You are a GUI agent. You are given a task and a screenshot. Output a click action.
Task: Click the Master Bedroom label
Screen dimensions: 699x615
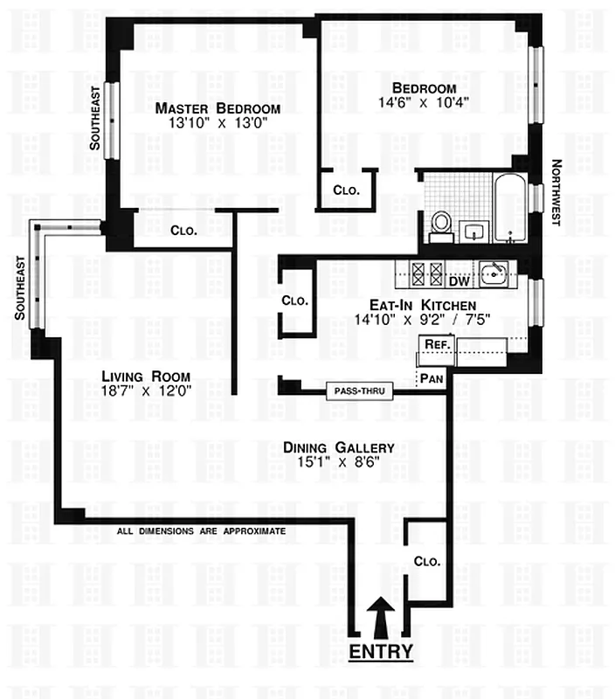(x=218, y=108)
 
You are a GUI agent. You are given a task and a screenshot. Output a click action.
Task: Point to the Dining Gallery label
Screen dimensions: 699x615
(x=338, y=447)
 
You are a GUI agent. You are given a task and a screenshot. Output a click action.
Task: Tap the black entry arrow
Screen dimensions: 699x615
(x=380, y=618)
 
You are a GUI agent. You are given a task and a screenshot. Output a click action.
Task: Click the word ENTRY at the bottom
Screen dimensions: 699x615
(x=380, y=652)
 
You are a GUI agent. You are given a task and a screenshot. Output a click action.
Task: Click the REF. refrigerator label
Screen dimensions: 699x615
(x=434, y=346)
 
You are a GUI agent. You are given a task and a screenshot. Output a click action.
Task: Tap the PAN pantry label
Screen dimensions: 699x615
(x=431, y=378)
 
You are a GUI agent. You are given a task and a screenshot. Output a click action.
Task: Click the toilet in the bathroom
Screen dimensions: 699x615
(x=441, y=223)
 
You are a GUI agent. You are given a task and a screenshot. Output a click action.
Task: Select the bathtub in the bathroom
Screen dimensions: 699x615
(x=508, y=208)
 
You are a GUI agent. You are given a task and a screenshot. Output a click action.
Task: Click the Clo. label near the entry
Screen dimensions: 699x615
(x=426, y=561)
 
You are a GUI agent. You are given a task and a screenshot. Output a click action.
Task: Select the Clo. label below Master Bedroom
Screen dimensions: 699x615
(x=183, y=232)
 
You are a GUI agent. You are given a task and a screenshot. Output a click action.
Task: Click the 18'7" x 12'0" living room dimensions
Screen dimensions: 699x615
(x=145, y=391)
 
